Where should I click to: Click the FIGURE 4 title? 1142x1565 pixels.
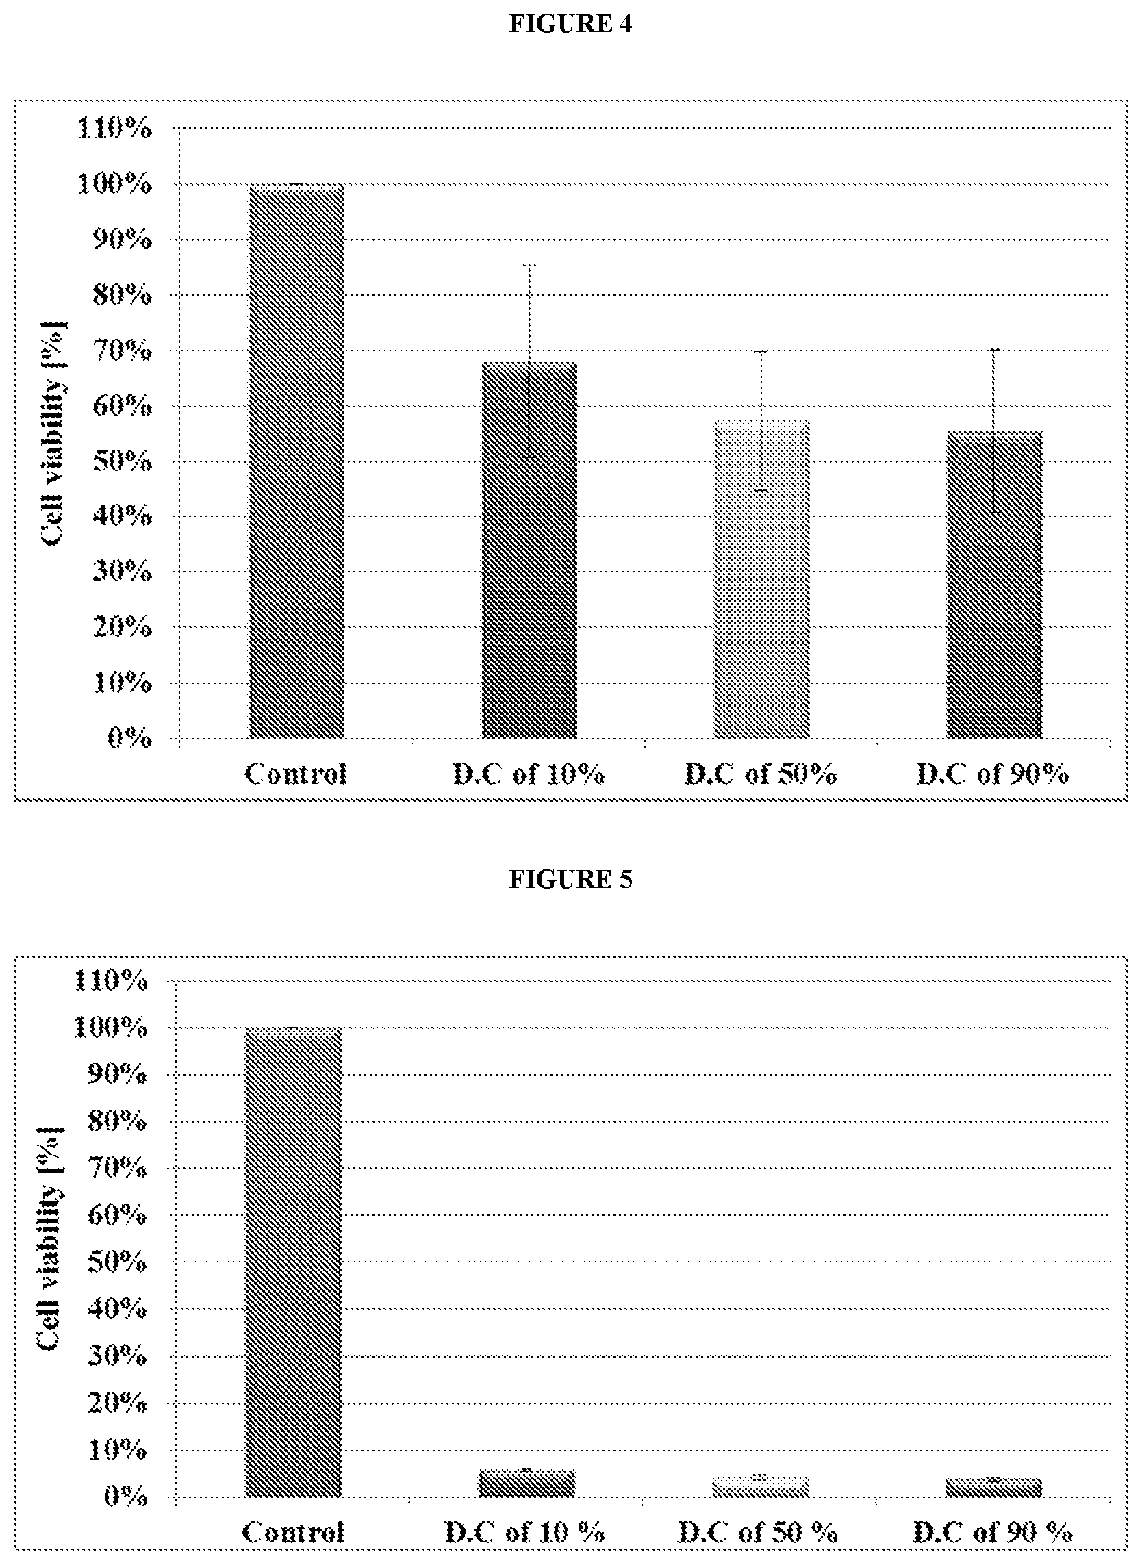click(570, 24)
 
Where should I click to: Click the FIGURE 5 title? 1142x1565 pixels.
click(570, 879)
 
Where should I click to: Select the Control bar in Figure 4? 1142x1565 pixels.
click(296, 461)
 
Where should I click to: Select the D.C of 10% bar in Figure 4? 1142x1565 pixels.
click(529, 550)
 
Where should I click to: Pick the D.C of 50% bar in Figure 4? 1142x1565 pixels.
click(761, 579)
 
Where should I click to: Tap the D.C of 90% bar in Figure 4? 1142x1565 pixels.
click(994, 585)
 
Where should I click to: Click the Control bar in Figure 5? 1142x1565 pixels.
click(293, 1263)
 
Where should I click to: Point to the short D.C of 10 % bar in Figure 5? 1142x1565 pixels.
click(526, 1484)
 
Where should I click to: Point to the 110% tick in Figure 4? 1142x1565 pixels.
click(114, 129)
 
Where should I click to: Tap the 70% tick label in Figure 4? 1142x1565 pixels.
click(122, 351)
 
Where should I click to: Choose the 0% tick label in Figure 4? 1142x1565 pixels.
click(129, 739)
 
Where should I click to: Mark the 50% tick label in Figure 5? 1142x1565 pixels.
click(117, 1263)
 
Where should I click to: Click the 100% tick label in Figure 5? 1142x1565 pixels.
click(110, 1028)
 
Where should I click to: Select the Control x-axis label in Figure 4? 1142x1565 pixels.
click(296, 774)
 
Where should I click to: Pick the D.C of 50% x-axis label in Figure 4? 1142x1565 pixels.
click(761, 774)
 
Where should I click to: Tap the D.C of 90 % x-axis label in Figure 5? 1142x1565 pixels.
click(993, 1534)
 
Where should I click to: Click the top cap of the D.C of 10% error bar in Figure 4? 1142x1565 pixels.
click(529, 266)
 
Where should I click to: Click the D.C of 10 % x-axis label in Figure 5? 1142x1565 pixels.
click(524, 1534)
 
